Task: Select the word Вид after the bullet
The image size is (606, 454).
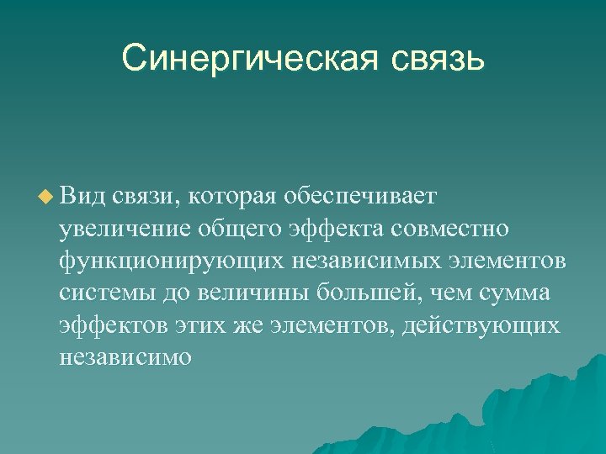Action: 81,196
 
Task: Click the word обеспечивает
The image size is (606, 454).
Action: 360,196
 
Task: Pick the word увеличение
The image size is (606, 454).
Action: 126,229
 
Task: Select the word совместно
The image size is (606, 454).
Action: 461,229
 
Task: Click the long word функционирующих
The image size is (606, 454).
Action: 172,261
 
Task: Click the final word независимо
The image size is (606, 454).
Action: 125,356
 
